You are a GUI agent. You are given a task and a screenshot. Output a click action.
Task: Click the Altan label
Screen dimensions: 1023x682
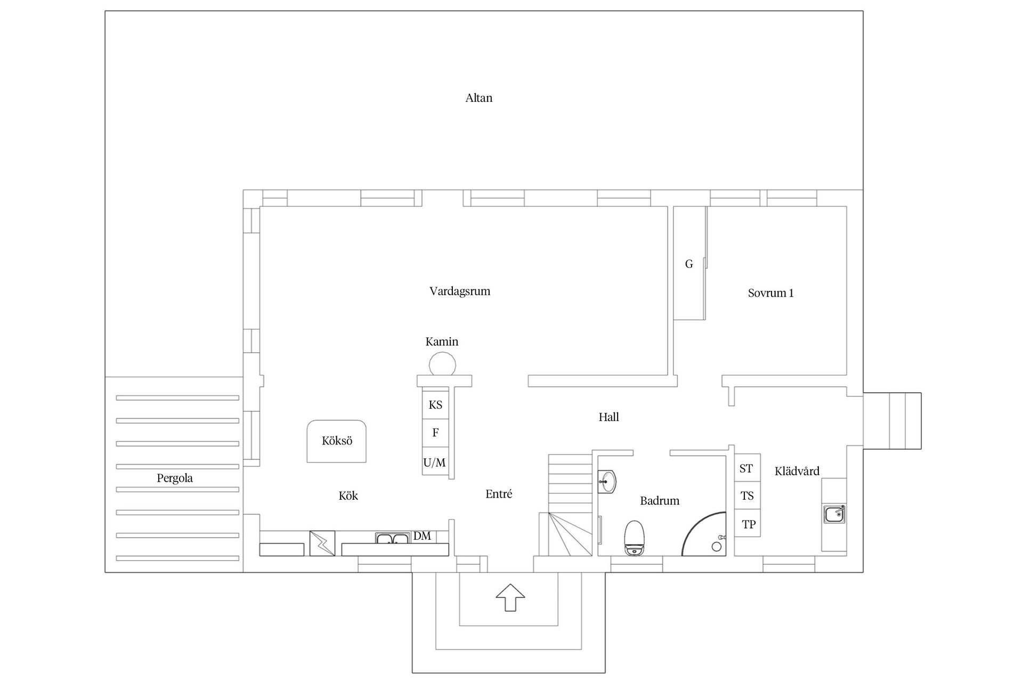[x=478, y=98]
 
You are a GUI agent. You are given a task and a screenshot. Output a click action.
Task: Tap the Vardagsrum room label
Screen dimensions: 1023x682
[x=460, y=291]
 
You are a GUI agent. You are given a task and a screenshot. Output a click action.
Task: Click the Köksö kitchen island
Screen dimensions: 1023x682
[x=337, y=441]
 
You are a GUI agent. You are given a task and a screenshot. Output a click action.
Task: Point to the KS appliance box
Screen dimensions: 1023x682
[x=435, y=405]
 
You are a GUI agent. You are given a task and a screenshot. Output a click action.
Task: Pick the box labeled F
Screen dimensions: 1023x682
[x=435, y=433]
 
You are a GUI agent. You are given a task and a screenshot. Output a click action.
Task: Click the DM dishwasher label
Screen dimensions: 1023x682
[x=422, y=536]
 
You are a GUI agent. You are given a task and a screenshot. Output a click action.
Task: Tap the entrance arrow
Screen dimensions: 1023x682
[x=510, y=597]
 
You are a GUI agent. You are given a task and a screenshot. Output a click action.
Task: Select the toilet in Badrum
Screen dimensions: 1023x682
[x=634, y=538]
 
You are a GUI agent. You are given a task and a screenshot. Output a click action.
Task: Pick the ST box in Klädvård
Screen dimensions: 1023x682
[x=747, y=468]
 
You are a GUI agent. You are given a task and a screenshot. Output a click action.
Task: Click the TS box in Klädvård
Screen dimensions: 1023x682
[x=747, y=496]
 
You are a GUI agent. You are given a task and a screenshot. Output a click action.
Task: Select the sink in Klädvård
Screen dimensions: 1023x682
[x=834, y=515]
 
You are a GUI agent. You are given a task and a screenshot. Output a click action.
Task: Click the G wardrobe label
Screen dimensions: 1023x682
[x=689, y=264]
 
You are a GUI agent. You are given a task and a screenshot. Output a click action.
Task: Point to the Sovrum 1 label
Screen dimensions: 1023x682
[x=770, y=293]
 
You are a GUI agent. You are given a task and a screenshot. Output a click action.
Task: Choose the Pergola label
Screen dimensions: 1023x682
[x=175, y=478]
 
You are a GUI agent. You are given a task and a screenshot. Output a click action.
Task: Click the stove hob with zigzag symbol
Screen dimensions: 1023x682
[x=322, y=543]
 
